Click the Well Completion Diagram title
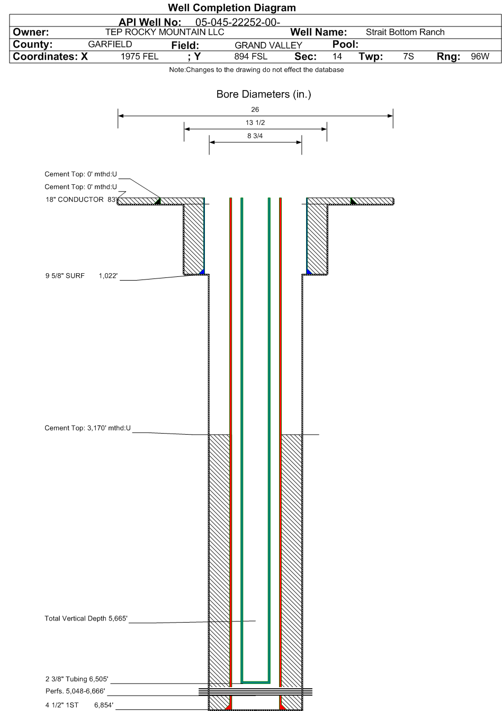click(231, 7)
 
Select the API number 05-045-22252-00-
click(238, 22)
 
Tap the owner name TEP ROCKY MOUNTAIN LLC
click(165, 32)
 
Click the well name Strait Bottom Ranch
click(405, 32)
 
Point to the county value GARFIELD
click(110, 44)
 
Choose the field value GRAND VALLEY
click(268, 46)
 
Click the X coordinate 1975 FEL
click(139, 57)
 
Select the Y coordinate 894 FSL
click(250, 57)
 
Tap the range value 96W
click(480, 57)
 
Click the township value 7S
click(408, 57)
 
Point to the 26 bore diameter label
click(255, 110)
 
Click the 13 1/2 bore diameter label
click(255, 122)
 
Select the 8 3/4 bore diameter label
click(255, 136)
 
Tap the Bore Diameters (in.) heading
click(264, 94)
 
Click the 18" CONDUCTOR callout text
click(75, 200)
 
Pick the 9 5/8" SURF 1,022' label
click(82, 275)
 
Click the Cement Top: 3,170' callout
click(87, 428)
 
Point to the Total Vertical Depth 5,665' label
click(86, 618)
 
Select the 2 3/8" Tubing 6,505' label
click(77, 679)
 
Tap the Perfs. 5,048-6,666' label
click(75, 691)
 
